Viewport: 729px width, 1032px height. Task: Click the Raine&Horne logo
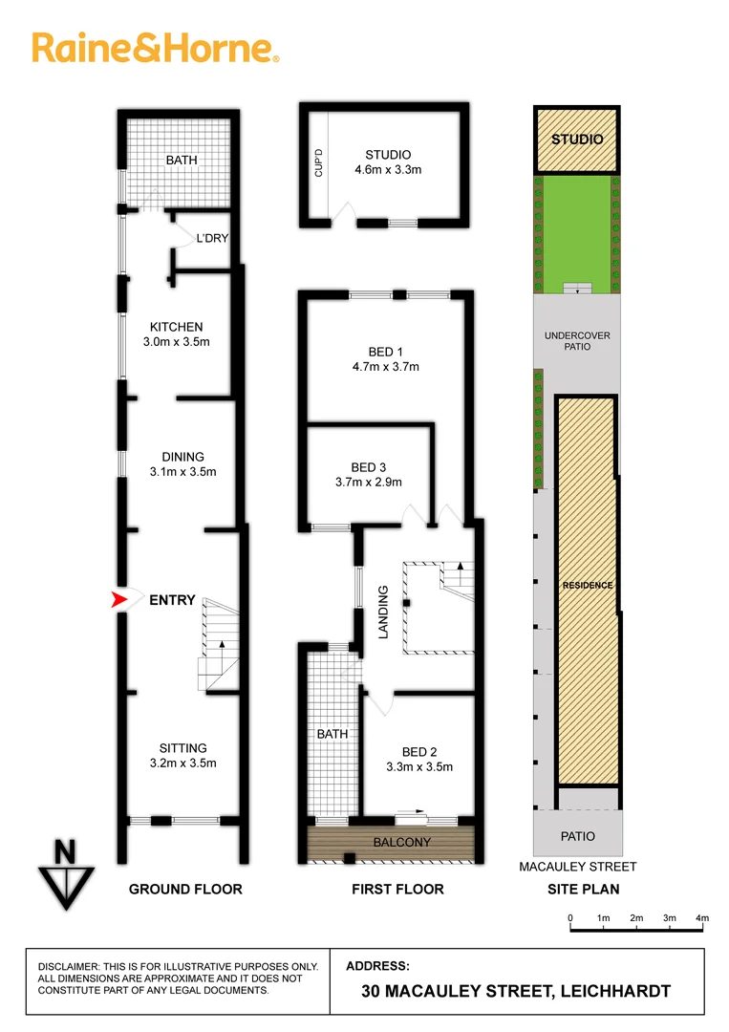point(156,48)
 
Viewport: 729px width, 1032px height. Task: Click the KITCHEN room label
point(176,327)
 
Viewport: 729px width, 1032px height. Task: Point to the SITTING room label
point(183,748)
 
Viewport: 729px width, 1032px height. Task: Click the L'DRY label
point(212,238)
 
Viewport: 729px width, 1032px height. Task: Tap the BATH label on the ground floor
point(182,160)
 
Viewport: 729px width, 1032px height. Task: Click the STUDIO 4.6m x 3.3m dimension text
point(388,169)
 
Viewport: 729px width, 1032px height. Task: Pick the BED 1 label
point(388,351)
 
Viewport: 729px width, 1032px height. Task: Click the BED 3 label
point(369,467)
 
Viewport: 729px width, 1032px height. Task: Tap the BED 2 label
point(418,751)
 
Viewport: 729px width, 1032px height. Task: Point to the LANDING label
point(383,612)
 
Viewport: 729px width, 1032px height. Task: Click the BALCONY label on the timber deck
point(402,842)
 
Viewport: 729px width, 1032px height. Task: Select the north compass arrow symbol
point(65,874)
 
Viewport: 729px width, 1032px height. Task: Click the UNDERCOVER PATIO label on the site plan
point(576,341)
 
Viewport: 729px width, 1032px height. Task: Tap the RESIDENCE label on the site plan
point(587,585)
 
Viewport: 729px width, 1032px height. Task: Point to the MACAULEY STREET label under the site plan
point(577,867)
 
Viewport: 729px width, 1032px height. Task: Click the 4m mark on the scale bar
point(702,918)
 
